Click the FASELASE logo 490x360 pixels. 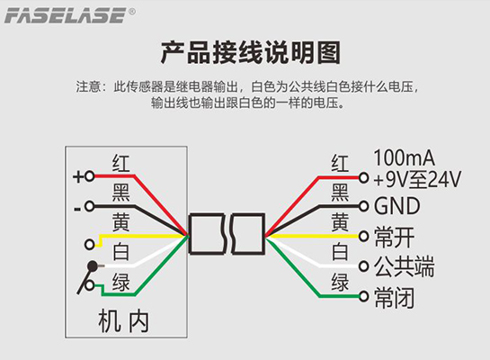coord(66,15)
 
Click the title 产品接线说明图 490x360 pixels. coord(251,52)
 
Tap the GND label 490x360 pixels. coord(396,206)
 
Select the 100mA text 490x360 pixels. coord(404,157)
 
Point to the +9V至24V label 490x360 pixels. coord(417,179)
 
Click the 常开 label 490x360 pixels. coord(395,237)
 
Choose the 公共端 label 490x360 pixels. coord(405,266)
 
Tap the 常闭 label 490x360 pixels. coord(395,297)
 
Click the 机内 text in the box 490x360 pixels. coord(123,321)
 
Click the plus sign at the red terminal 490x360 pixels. coord(78,176)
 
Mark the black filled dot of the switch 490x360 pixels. coord(93,266)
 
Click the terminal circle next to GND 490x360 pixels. coord(363,206)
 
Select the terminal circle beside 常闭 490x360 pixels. coord(363,296)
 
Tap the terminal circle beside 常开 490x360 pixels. coord(363,236)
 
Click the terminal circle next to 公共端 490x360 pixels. coord(363,266)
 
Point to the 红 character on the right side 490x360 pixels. coord(340,163)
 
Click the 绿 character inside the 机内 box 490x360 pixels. coord(120,282)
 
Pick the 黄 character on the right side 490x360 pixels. coord(340,221)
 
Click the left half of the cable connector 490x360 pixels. coord(207,234)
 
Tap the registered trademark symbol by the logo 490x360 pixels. coord(132,12)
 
